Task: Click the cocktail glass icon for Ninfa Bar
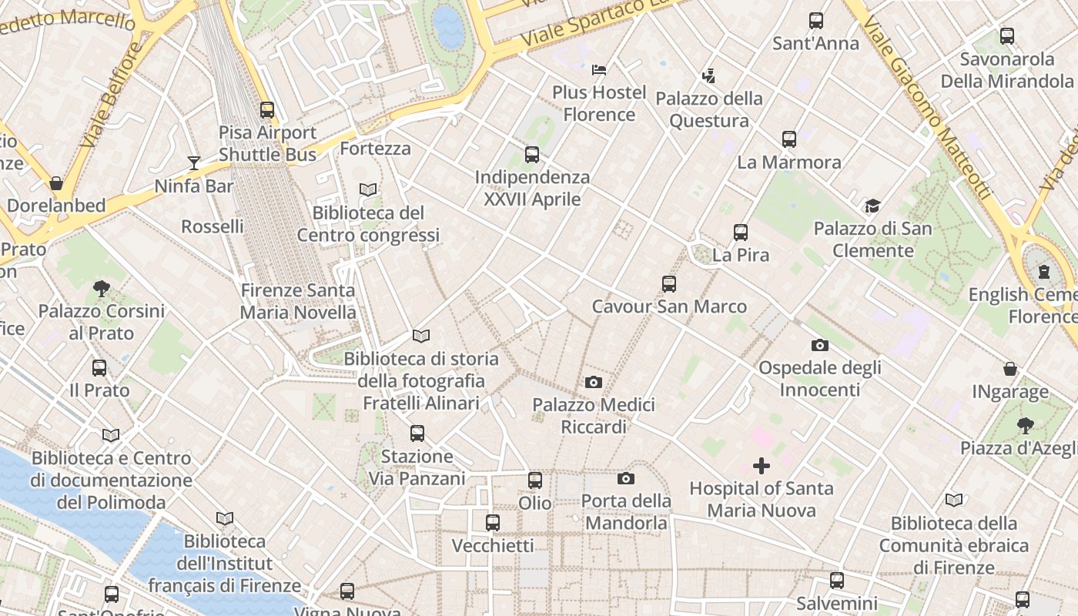pos(194,162)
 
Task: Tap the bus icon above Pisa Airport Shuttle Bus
pos(267,109)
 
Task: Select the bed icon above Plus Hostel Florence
pos(599,70)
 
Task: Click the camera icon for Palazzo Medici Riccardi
pos(594,382)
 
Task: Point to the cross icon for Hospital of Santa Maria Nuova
pos(762,466)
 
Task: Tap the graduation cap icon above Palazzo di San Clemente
pos(872,206)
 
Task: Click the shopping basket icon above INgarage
pos(1010,370)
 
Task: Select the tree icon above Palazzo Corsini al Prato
pos(101,289)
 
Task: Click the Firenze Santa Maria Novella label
pos(298,301)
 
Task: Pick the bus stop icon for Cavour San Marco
pos(669,284)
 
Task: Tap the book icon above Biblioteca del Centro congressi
pos(369,189)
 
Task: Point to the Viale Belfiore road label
pos(112,96)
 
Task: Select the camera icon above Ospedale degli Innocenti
pos(820,345)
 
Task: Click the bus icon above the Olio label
pos(535,480)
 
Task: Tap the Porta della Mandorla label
pos(626,512)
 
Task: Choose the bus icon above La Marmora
pos(789,139)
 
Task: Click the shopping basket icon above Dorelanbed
pos(56,183)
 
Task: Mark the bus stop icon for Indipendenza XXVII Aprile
pos(532,155)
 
